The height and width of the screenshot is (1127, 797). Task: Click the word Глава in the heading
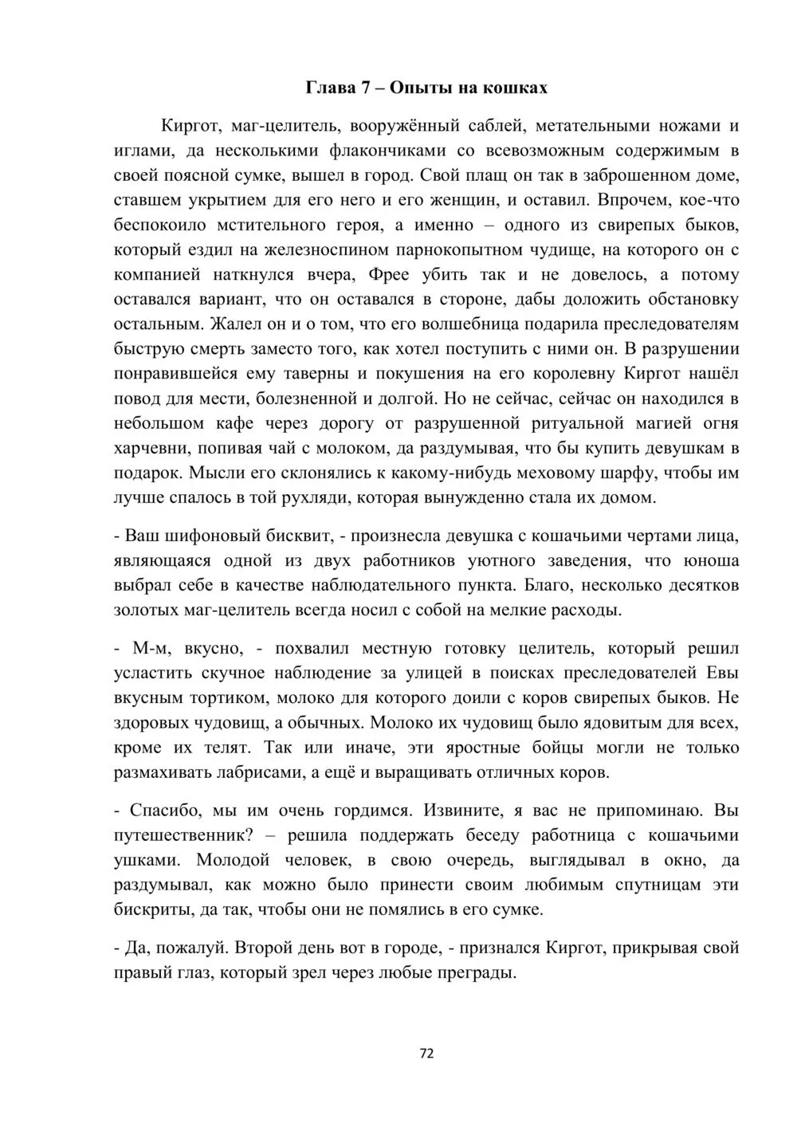click(x=331, y=87)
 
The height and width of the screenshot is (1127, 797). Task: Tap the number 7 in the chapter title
click(x=367, y=87)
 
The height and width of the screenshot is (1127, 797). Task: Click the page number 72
click(x=426, y=1053)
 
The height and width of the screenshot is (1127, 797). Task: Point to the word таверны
click(x=293, y=373)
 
